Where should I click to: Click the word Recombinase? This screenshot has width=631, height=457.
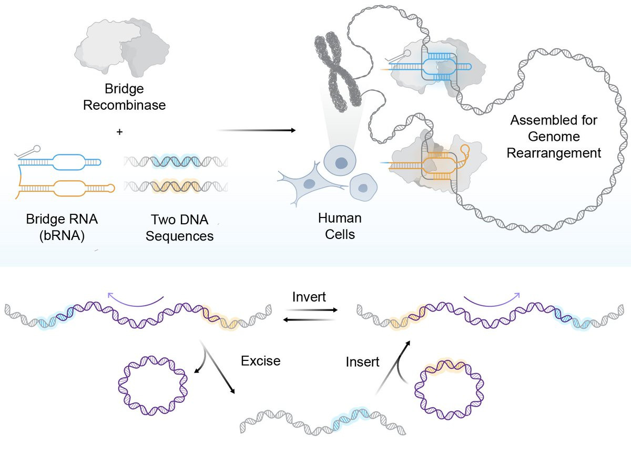coord(124,105)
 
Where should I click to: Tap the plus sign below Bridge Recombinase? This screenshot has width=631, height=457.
coord(119,132)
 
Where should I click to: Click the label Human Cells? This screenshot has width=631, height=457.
coord(339,225)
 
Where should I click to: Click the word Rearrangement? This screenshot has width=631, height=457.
coord(554,153)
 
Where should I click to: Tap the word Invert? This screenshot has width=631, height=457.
coord(309,297)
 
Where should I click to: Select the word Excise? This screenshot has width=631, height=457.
coord(260,361)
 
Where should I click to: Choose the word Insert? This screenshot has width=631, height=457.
coord(362,362)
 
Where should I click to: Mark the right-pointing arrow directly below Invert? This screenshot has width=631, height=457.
coord(315,310)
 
